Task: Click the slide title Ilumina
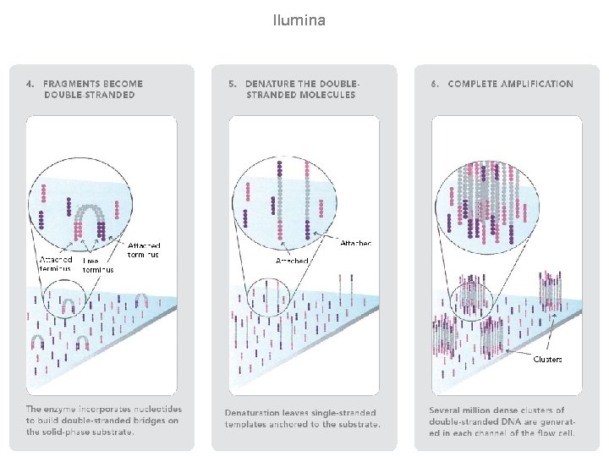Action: (x=299, y=19)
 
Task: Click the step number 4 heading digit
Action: (x=29, y=84)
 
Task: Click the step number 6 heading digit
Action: (x=434, y=84)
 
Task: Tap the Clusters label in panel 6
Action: (x=548, y=359)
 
